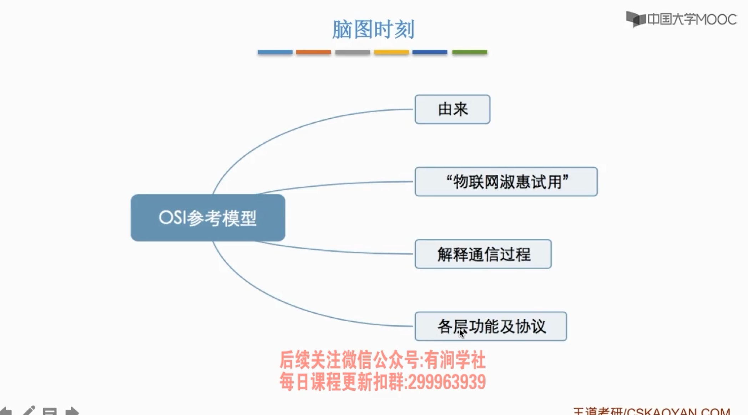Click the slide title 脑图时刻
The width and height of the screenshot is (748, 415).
[373, 29]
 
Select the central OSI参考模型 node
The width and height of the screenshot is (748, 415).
[208, 218]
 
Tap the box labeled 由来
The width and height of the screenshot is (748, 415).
[452, 109]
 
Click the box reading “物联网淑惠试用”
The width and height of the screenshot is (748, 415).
[506, 182]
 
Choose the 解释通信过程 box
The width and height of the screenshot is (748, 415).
[483, 254]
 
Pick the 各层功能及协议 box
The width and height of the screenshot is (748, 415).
[491, 327]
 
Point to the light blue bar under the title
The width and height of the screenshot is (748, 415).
[275, 52]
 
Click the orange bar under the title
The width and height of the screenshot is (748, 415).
[313, 52]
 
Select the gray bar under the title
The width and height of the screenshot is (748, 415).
[353, 52]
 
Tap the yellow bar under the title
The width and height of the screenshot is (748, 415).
[391, 52]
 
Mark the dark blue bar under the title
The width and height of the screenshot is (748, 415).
[430, 52]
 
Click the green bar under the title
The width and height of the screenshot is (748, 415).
[470, 52]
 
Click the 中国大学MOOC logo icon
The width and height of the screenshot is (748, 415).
[635, 19]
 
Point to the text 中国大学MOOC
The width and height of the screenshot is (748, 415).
[692, 19]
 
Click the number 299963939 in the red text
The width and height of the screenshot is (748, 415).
[446, 382]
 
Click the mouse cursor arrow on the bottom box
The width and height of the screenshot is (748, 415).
[462, 333]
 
